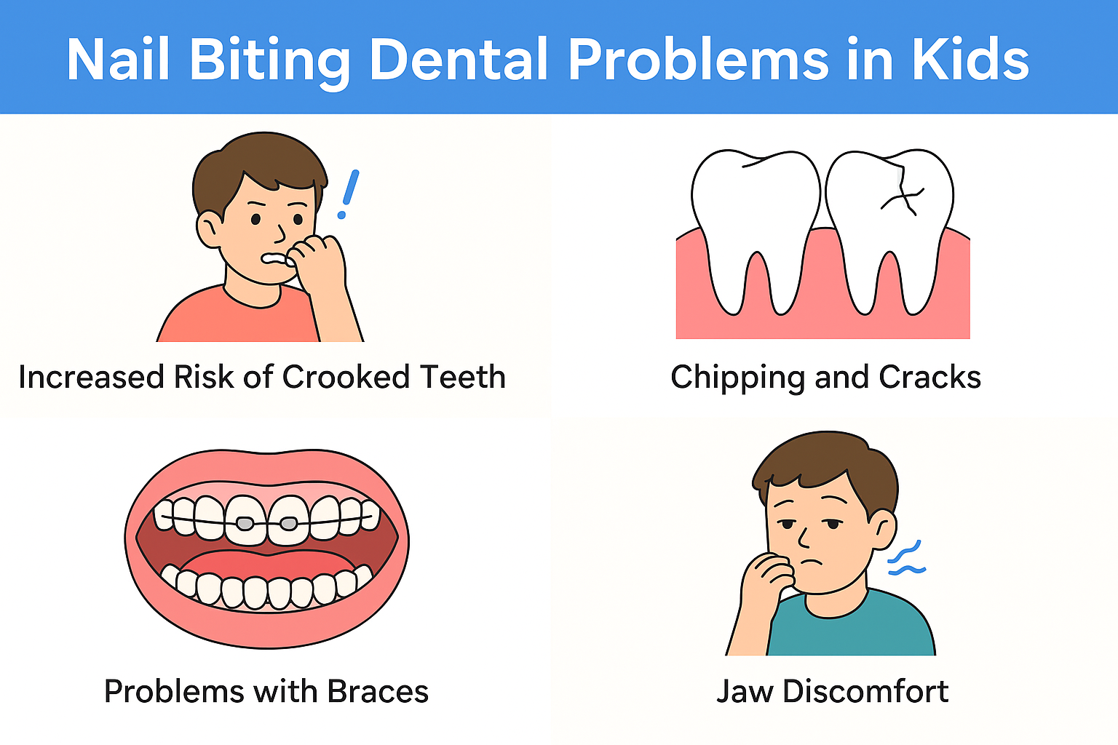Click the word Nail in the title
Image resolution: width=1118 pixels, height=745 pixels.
coord(118,59)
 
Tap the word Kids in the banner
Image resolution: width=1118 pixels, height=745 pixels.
coord(970,59)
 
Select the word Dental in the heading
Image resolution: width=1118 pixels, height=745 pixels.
coord(459,59)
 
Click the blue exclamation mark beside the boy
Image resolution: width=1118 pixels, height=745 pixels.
coord(349,194)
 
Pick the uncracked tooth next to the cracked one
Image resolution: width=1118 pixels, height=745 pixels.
coord(756,229)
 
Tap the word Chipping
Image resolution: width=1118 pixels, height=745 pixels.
coord(737,378)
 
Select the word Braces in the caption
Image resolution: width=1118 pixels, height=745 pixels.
coord(378,692)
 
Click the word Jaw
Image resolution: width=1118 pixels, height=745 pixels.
coord(745,692)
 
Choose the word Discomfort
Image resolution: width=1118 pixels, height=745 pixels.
coord(865,691)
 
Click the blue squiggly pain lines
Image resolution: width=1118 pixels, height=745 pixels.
coord(906,558)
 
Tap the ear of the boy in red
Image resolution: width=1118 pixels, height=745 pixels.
coord(209,229)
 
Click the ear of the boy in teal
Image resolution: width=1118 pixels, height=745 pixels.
coord(884,529)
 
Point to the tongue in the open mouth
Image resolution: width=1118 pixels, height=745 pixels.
coord(267,569)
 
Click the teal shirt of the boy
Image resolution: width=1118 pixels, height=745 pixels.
coord(851,626)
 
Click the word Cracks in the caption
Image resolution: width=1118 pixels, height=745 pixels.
coord(929,377)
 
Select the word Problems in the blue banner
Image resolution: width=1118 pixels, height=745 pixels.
coord(699,59)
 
